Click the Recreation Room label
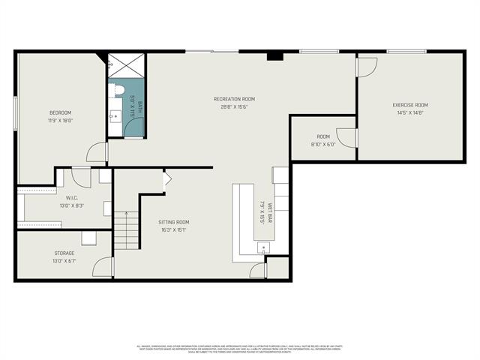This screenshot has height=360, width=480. coord(234,98)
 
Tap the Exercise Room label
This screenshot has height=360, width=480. coord(410,105)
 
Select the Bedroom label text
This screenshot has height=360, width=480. coord(61,112)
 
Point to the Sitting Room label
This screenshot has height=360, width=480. coord(173,222)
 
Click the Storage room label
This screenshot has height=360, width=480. coord(64,253)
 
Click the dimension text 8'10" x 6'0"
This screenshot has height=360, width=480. coord(323,144)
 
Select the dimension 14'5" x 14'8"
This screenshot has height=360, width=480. coord(410,113)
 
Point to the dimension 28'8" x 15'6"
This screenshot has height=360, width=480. coord(234,106)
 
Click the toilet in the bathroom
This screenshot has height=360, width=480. coord(119,90)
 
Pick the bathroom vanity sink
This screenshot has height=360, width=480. coord(115,117)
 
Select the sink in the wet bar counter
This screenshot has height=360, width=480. coord(262,247)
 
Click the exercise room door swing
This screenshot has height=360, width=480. coord(366,67)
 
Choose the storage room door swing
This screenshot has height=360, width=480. coord(103,267)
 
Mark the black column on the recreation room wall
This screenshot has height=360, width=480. coord(274,56)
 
